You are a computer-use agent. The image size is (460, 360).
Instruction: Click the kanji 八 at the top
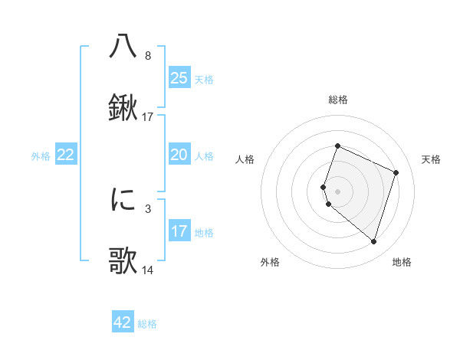pos(123,46)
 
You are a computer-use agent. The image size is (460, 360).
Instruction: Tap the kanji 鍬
pos(123,108)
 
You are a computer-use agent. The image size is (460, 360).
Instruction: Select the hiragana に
pos(123,199)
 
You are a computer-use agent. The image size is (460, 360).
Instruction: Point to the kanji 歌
pos(123,261)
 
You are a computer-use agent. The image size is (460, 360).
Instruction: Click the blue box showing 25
pos(179,78)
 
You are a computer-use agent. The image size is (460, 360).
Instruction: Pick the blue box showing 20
pos(179,155)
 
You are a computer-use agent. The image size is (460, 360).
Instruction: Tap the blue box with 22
pos(66,155)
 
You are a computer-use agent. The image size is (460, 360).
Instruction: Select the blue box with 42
pos(123,323)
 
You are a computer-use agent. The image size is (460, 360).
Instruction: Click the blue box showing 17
pos(179,232)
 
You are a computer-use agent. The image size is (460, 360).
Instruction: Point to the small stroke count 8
pos(147,56)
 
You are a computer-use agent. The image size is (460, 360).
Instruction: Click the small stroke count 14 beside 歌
pos(148,270)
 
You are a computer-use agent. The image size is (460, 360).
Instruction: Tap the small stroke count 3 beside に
pos(147,208)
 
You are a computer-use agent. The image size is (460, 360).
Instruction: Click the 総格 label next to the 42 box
pos(147,324)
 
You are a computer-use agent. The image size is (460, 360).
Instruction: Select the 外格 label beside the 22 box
pos(41,156)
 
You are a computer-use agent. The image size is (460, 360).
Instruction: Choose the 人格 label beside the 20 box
pos(204,156)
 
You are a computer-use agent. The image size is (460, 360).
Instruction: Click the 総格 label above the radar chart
pos(338,100)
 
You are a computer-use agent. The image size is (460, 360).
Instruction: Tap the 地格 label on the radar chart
pos(402,262)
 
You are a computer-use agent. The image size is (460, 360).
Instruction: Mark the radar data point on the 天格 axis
pos(396,172)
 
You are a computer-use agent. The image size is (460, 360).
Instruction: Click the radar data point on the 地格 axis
pos(373,242)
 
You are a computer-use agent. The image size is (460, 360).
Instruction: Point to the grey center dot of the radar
pos(338,190)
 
